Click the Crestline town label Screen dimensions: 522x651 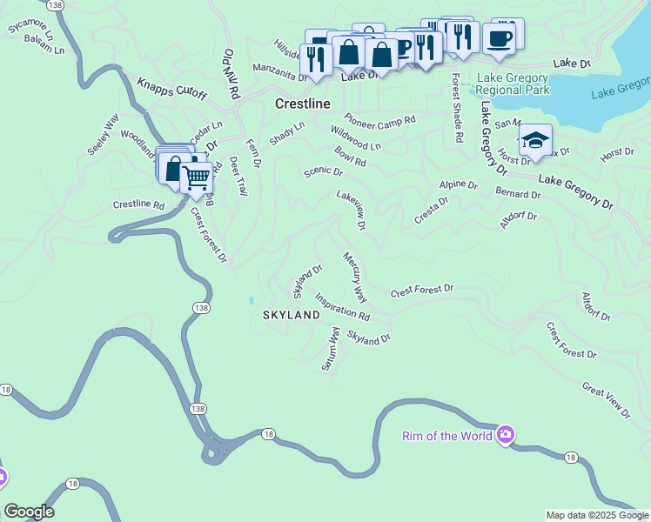pos(302,104)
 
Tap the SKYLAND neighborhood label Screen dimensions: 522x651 pos(292,315)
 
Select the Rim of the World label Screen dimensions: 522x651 pos(446,436)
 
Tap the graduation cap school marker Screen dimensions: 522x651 pos(534,140)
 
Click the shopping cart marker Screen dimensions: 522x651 pos(197,177)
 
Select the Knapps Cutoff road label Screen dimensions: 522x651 pos(171,88)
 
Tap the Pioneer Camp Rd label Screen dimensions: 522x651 pos(379,119)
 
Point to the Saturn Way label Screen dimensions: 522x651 pos(330,350)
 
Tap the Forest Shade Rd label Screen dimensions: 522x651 pos(456,107)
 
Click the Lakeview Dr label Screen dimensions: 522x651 pos(352,211)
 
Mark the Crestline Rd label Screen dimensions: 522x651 pos(138,205)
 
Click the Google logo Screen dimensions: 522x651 pos(29,512)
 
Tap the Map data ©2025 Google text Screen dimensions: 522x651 pos(597,515)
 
